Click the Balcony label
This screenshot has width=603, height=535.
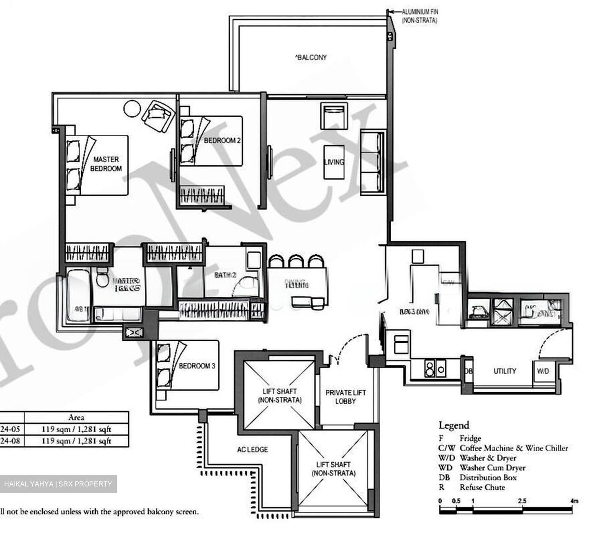click(311, 57)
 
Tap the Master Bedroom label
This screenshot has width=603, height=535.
click(106, 164)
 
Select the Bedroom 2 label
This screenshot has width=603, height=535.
click(222, 141)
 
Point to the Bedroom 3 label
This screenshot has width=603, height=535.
click(197, 366)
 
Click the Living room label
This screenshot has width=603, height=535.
click(334, 162)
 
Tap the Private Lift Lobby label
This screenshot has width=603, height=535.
click(345, 397)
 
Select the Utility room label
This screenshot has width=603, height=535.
click(504, 371)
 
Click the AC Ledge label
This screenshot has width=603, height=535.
click(253, 450)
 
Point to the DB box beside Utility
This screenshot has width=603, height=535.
click(469, 371)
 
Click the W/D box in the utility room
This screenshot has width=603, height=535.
click(543, 371)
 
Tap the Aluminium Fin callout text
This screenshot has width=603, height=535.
click(420, 16)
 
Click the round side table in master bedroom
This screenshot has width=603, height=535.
click(132, 108)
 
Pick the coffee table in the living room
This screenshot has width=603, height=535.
click(334, 162)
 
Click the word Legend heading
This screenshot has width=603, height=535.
click(454, 425)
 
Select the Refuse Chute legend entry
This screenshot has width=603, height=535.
click(482, 487)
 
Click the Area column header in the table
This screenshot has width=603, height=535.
click(76, 417)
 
